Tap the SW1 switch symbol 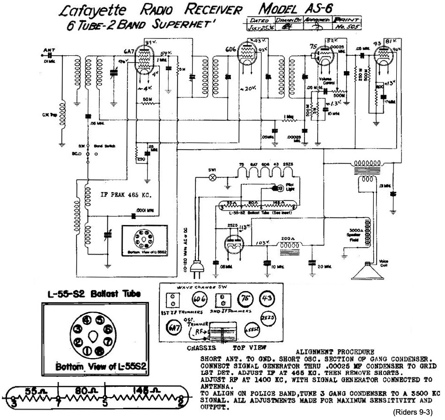(211, 177)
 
